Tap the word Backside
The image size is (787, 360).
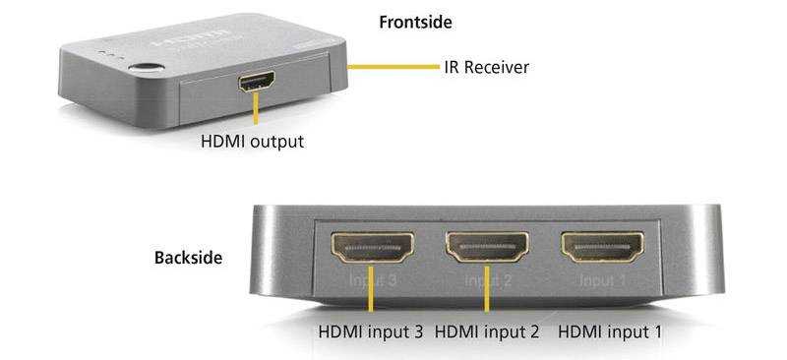click(187, 259)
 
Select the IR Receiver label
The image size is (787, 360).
click(485, 67)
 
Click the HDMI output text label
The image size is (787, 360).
click(252, 141)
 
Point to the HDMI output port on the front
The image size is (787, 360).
click(256, 83)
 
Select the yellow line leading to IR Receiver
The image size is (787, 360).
click(393, 67)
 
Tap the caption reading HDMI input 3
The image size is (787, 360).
click(370, 332)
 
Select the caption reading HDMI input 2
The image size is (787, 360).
click(486, 332)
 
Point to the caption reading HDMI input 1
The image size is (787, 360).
click(610, 332)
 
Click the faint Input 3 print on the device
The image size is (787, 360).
click(372, 281)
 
